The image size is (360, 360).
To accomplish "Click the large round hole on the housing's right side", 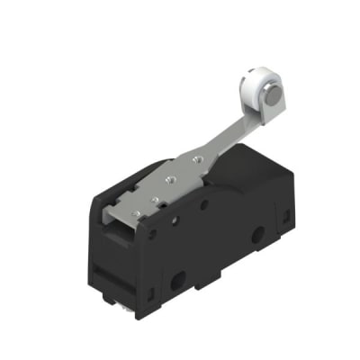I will [x=258, y=237].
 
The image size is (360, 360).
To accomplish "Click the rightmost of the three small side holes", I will [x=204, y=204].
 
